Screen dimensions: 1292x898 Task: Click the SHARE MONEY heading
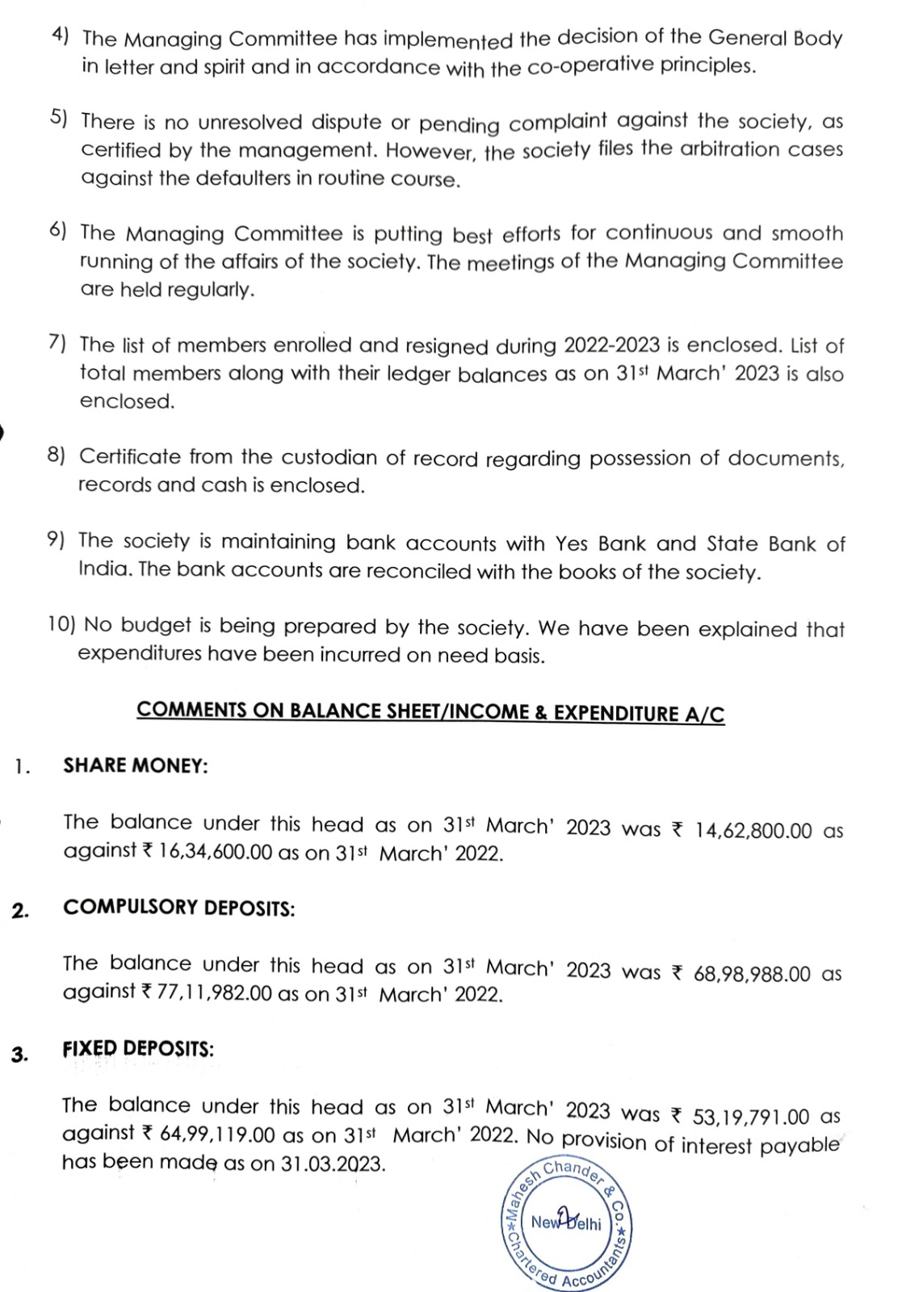[x=136, y=766]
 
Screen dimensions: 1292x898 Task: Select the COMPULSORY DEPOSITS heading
[x=179, y=908]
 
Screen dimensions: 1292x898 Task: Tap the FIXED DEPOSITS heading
[x=138, y=1049]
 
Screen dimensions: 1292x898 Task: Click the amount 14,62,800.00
[x=753, y=831]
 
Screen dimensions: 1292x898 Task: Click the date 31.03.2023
[x=334, y=1164]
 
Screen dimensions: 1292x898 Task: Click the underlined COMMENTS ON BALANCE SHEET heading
[x=430, y=711]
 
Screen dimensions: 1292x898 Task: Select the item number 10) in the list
[x=62, y=624]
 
